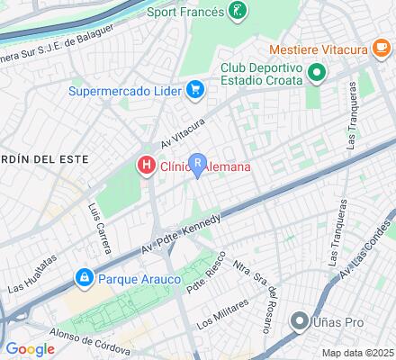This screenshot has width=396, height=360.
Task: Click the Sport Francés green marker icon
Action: pyautogui.click(x=237, y=11)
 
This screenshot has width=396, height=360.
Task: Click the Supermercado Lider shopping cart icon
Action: pyautogui.click(x=194, y=89)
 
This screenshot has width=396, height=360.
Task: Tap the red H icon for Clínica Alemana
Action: pyautogui.click(x=145, y=166)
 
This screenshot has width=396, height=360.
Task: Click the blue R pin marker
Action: pyautogui.click(x=198, y=164)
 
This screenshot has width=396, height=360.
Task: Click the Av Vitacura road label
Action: pyautogui.click(x=184, y=131)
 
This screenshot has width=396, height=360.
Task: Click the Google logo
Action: pyautogui.click(x=30, y=348)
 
